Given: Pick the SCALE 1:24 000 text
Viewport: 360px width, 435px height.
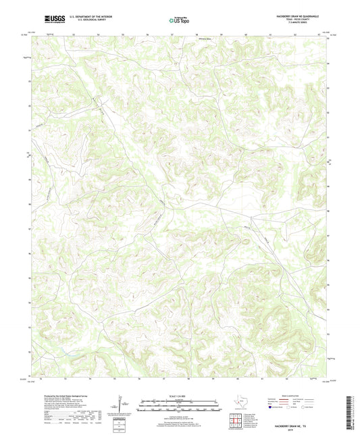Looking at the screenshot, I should (179, 395).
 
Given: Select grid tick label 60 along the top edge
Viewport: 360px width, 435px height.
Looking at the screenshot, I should (246, 34).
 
